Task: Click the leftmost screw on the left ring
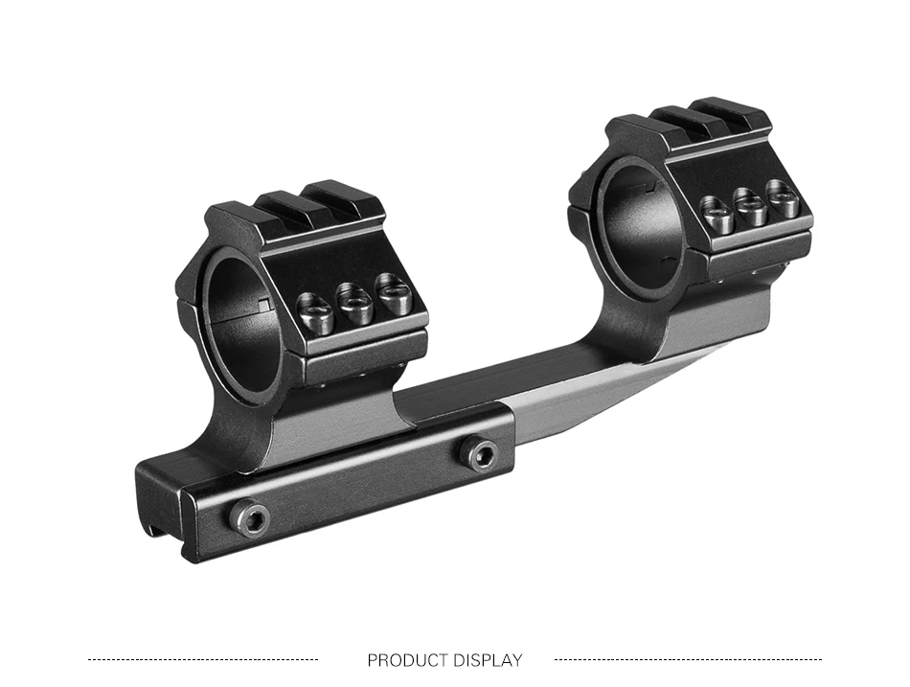tap(315, 312)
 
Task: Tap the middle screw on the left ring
tap(355, 305)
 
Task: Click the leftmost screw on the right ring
tap(717, 214)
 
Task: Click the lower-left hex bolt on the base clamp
tap(249, 517)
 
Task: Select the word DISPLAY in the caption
tap(488, 660)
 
